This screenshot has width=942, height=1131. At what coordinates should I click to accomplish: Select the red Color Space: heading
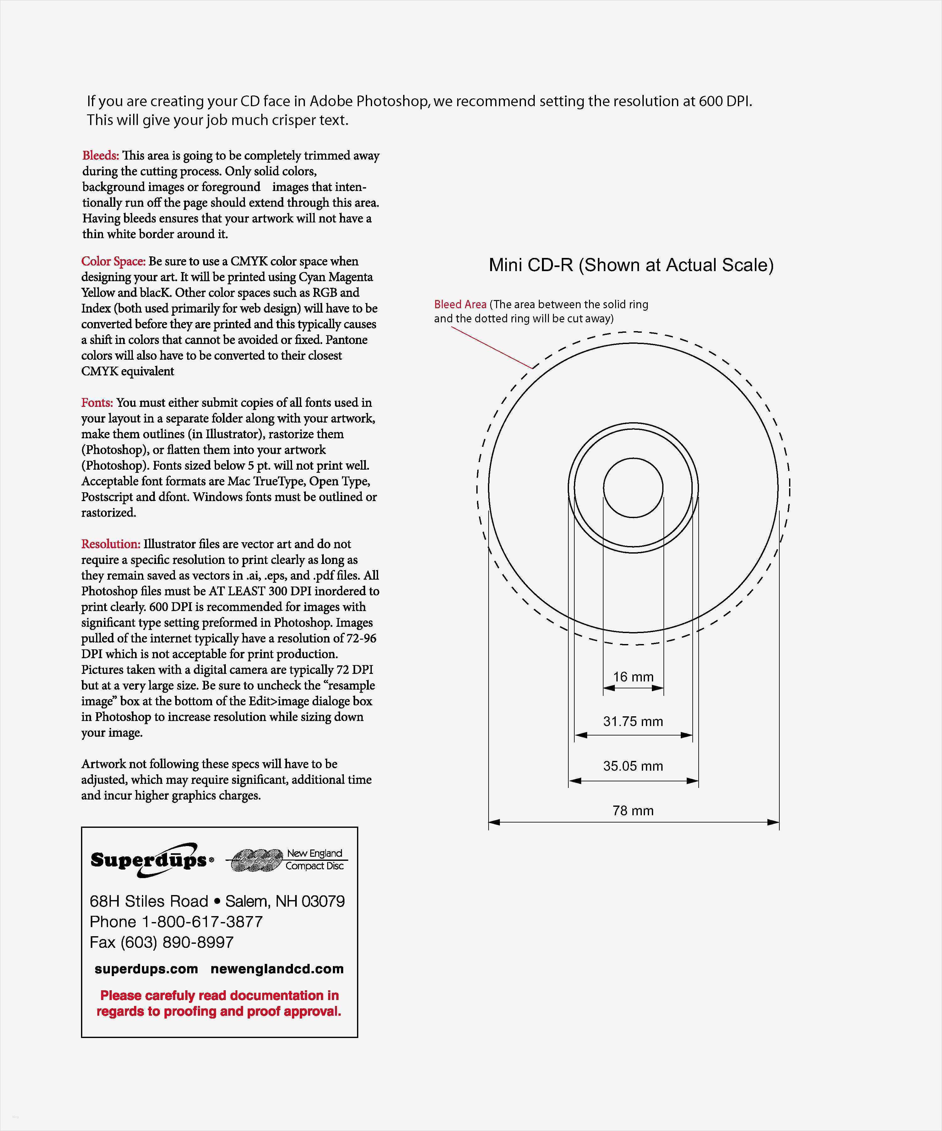click(113, 261)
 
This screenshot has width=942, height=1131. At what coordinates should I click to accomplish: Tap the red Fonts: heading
click(97, 403)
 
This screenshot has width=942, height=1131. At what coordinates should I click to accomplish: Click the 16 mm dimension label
click(633, 677)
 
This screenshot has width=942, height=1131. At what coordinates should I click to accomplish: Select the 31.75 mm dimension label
click(633, 722)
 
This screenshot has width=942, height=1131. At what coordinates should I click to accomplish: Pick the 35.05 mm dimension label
click(633, 766)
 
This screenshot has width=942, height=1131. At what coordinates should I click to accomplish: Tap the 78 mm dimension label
click(633, 811)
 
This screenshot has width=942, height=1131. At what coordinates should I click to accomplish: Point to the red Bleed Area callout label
click(460, 305)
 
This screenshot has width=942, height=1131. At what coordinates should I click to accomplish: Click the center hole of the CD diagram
click(633, 488)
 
